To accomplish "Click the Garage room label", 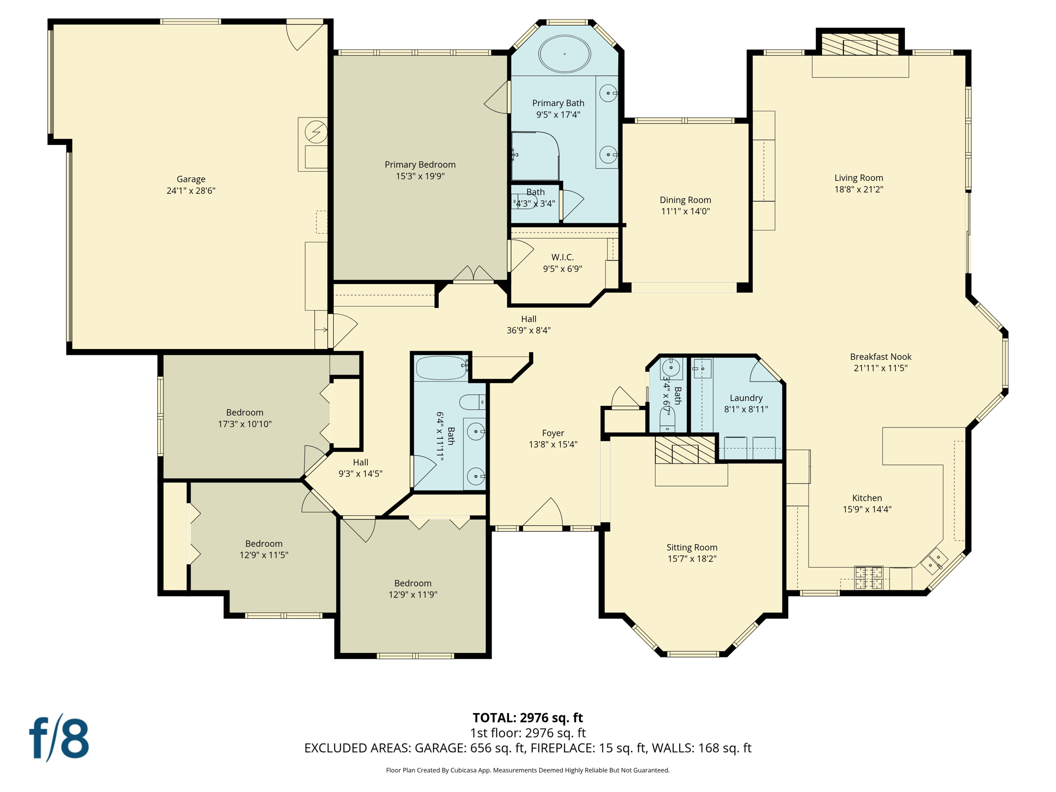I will pyautogui.click(x=191, y=179).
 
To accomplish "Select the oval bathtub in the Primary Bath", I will pyautogui.click(x=565, y=54).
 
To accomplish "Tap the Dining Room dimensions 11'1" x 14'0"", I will pyautogui.click(x=685, y=211).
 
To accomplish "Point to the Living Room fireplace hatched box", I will pyautogui.click(x=860, y=45).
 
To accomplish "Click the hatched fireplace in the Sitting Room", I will pyautogui.click(x=685, y=450).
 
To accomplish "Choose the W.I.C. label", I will pyautogui.click(x=562, y=257).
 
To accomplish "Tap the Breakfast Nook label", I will pyautogui.click(x=880, y=356).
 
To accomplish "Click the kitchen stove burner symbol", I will pyautogui.click(x=869, y=577).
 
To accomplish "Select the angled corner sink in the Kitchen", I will pyautogui.click(x=934, y=562).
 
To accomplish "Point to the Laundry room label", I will pyautogui.click(x=746, y=398).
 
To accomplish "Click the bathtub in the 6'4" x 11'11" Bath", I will pyautogui.click(x=441, y=368).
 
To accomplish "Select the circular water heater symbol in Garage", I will pyautogui.click(x=316, y=132).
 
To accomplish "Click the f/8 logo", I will pyautogui.click(x=59, y=738).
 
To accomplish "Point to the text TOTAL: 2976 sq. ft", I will pyautogui.click(x=527, y=717).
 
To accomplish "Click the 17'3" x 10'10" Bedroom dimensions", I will pyautogui.click(x=244, y=424).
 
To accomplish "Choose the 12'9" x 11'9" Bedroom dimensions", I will pyautogui.click(x=412, y=595).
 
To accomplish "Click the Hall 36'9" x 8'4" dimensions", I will pyautogui.click(x=529, y=331).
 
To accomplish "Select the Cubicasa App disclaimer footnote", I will pyautogui.click(x=527, y=770).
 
